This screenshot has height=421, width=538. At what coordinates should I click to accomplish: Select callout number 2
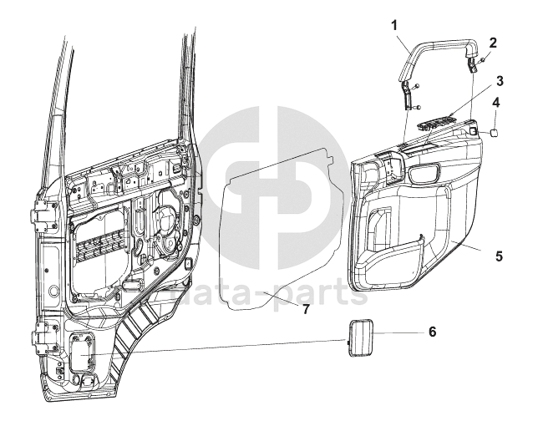pyautogui.click(x=493, y=43)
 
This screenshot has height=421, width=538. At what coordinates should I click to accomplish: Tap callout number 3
pyautogui.click(x=498, y=81)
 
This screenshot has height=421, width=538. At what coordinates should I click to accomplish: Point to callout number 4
pyautogui.click(x=496, y=104)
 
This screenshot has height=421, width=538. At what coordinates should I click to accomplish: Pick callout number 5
pyautogui.click(x=498, y=256)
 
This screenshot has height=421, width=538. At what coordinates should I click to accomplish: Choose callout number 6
pyautogui.click(x=432, y=332)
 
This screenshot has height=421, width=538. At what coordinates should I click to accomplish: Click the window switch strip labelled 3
pyautogui.click(x=439, y=123)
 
